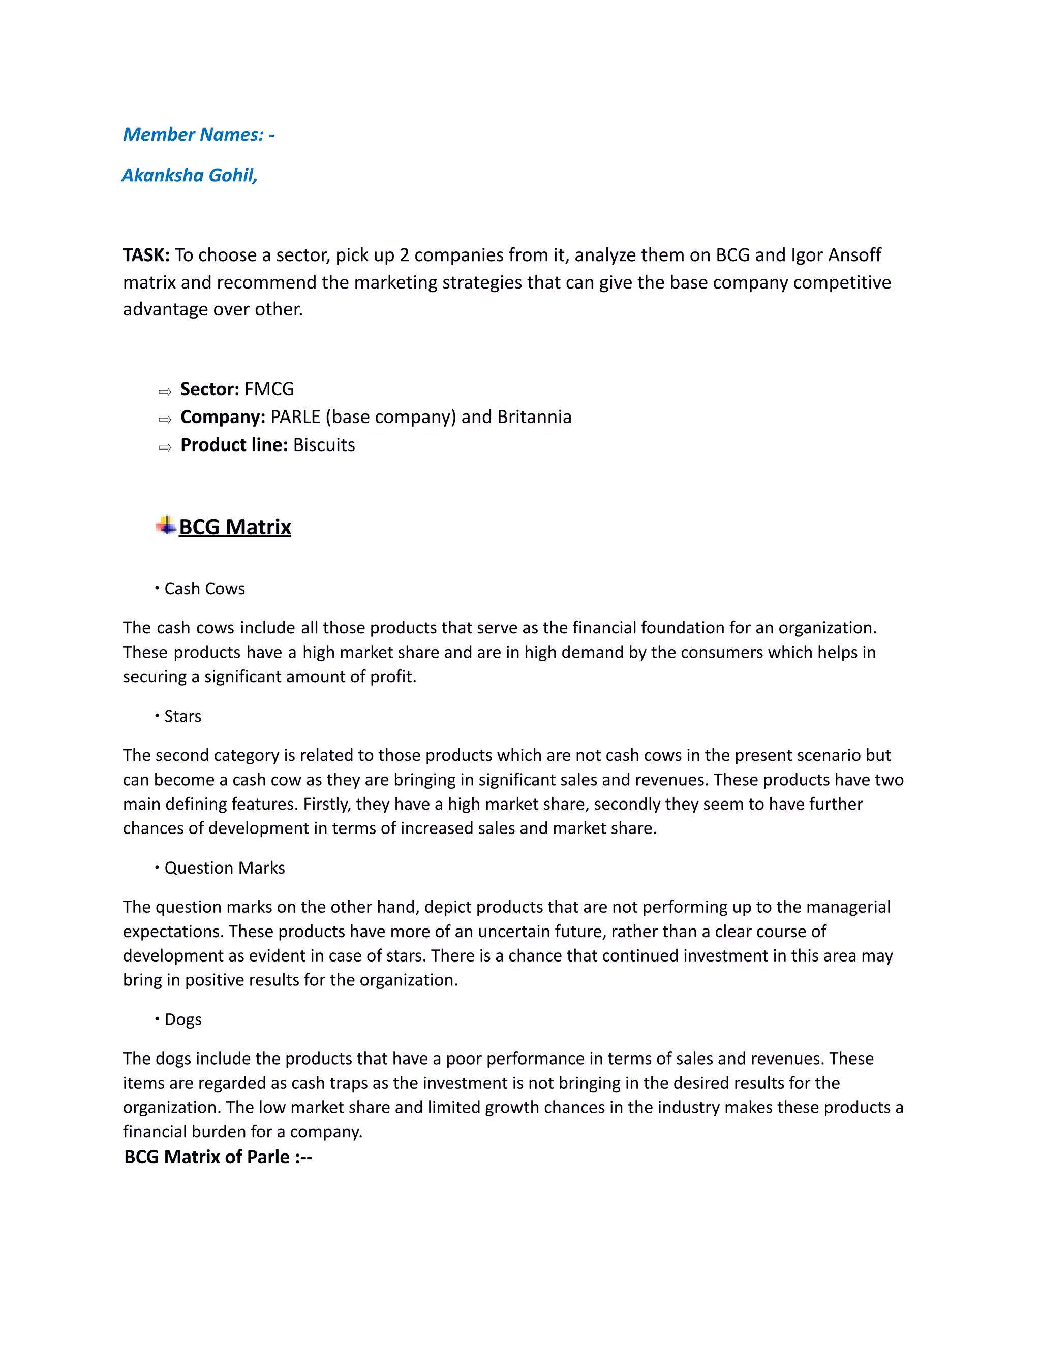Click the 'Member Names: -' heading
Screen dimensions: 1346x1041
point(199,135)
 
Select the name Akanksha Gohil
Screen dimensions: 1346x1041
point(189,176)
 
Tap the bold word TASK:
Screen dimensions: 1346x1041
point(146,255)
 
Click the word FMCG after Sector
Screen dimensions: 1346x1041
point(269,390)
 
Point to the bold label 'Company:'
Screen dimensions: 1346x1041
point(223,417)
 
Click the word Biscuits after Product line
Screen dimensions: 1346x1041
point(324,445)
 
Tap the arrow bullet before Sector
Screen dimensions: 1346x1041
point(165,391)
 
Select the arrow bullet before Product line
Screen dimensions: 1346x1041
point(165,447)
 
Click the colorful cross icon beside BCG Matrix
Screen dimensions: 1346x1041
point(166,526)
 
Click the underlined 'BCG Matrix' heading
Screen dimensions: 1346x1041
point(235,528)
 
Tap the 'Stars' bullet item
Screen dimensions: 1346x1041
point(182,717)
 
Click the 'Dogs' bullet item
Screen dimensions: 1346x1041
point(182,1020)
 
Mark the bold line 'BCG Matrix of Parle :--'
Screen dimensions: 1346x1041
point(218,1157)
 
